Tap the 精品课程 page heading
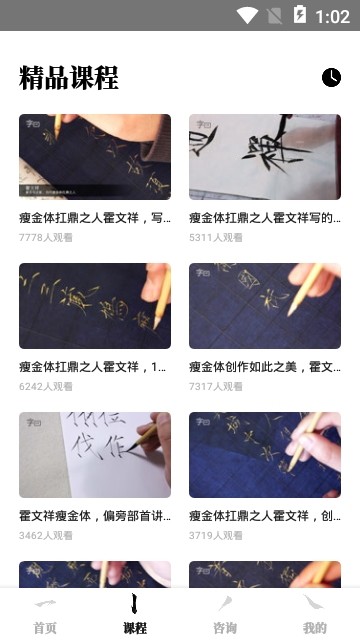69,77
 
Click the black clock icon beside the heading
331,78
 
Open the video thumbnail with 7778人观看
95,156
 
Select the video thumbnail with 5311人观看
265,156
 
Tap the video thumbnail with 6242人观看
95,305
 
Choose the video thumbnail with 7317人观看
265,305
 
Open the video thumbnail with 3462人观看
95,454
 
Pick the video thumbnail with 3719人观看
265,454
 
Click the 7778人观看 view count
45,238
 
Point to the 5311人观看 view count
215,238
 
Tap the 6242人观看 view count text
45,387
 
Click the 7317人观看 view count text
215,387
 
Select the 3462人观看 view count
45,536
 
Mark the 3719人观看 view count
215,536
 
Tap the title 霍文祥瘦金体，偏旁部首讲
95,516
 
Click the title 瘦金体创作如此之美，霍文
265,367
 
